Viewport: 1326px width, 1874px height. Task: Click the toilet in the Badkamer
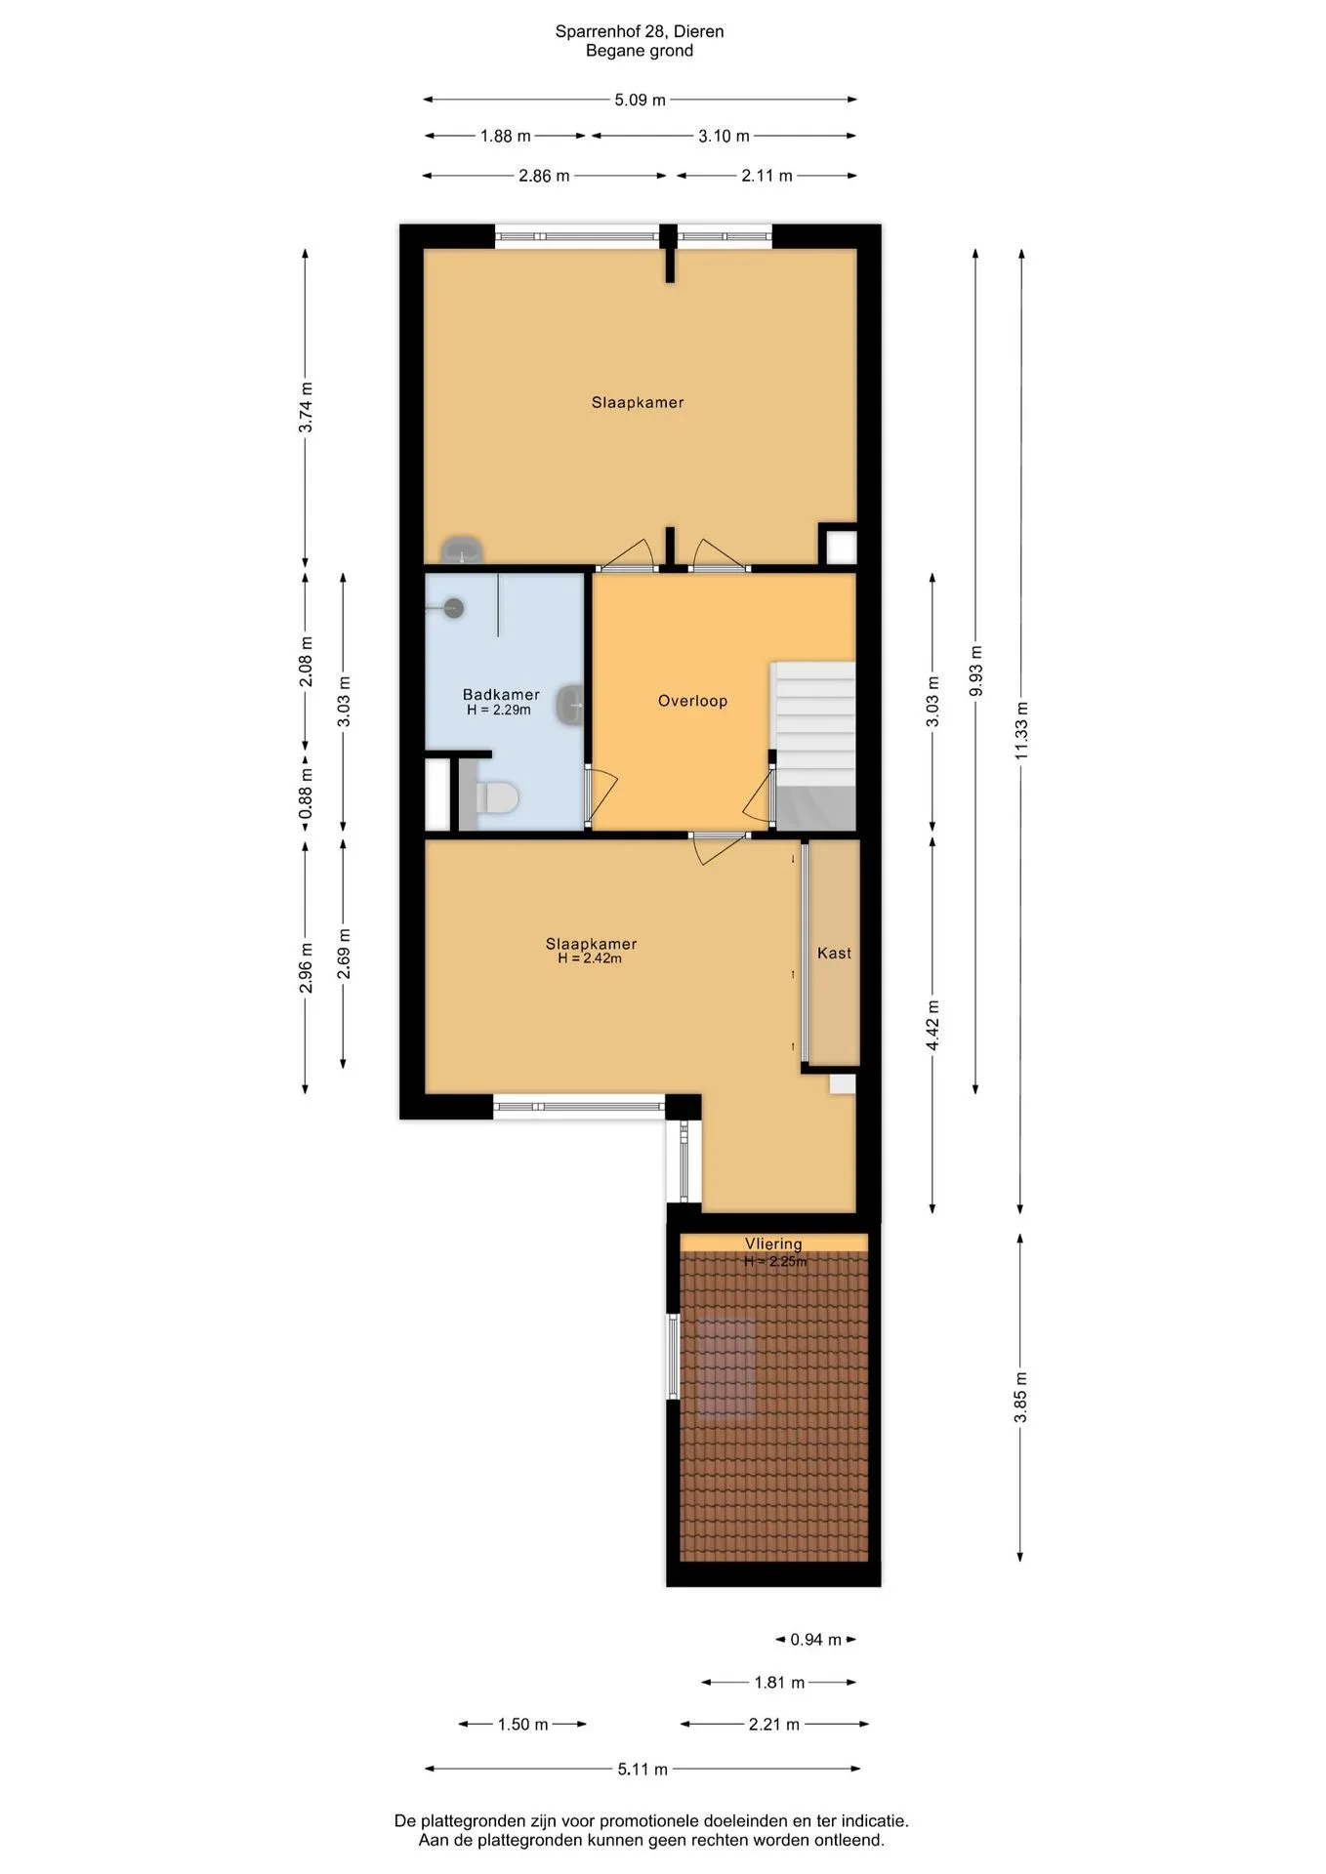[x=497, y=797]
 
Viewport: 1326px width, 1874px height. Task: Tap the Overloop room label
[x=692, y=701]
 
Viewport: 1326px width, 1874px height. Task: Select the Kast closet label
[x=834, y=953]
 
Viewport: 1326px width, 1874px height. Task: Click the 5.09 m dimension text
[x=640, y=100]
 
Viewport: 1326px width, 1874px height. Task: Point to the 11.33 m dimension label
[x=1021, y=730]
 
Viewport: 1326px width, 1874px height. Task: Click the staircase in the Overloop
[x=813, y=746]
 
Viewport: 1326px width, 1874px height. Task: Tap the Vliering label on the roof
[x=773, y=1243]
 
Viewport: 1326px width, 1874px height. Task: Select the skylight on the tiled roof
[x=726, y=1366]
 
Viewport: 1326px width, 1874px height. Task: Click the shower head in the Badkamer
[x=452, y=608]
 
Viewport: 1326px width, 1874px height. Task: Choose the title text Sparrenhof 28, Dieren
[x=640, y=31]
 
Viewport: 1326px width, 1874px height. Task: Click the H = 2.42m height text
[x=590, y=958]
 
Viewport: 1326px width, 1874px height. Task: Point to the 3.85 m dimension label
[x=1021, y=1397]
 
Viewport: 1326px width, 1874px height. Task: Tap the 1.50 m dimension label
[x=522, y=1724]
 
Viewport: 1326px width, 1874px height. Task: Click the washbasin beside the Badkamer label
[x=571, y=704]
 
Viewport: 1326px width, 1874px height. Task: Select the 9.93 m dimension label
[x=975, y=671]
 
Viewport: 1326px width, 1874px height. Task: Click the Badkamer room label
[x=501, y=695]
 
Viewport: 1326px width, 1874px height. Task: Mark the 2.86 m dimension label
[x=544, y=176]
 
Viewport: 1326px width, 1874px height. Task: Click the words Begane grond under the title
[x=640, y=51]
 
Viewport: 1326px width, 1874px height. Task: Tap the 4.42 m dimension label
[x=932, y=1025]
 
